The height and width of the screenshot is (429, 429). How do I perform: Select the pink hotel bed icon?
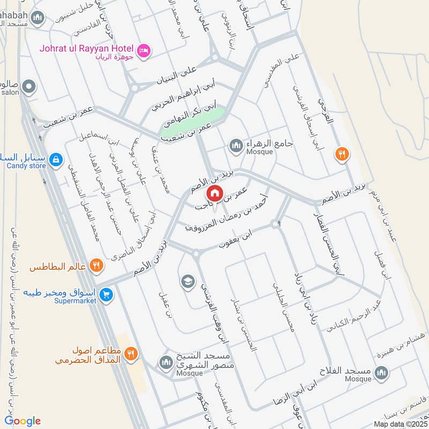point(144,51)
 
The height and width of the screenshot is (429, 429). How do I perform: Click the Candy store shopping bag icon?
point(55,159)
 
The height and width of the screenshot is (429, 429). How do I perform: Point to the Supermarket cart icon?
point(106,294)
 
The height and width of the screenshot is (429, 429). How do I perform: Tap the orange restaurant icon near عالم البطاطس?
point(96,264)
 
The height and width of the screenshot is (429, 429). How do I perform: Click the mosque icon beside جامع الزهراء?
point(236,145)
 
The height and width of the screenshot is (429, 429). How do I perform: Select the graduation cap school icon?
point(187,282)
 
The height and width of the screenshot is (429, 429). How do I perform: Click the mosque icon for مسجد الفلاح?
point(381,373)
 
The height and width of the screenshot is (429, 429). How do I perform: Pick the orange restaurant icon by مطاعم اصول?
point(131,353)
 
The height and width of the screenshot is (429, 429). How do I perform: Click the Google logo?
point(23,421)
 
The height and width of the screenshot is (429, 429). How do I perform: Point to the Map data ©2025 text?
point(400,424)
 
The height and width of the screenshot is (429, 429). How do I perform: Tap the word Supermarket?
point(75,301)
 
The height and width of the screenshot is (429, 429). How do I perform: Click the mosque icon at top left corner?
point(38,19)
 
